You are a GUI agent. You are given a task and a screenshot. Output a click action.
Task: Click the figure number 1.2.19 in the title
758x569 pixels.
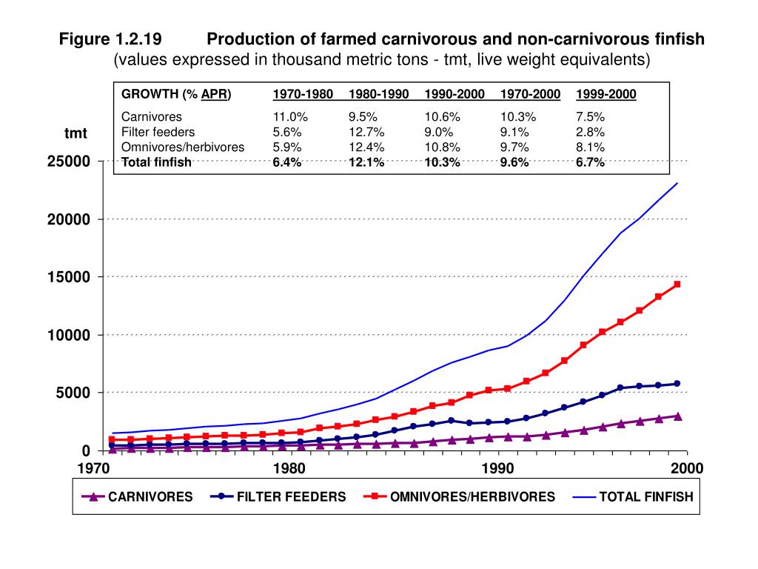(138, 39)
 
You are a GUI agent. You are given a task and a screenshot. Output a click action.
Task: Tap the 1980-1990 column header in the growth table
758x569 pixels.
(378, 94)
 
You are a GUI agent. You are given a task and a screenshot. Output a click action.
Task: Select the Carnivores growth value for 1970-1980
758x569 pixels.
(290, 116)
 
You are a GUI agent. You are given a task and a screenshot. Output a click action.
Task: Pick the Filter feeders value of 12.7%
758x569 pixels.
(366, 132)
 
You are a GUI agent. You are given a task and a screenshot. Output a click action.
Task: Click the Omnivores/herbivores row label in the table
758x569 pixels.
(183, 147)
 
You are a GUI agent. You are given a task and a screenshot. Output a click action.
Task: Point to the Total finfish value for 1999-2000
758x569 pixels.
(590, 162)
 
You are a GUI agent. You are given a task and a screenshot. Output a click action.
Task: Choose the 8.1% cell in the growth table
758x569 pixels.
(590, 147)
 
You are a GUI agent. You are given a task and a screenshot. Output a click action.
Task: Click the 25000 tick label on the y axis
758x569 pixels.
(69, 161)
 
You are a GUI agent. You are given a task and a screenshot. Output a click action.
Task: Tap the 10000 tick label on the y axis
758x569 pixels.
(69, 335)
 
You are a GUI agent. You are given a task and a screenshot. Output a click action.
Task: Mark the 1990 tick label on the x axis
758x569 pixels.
(498, 468)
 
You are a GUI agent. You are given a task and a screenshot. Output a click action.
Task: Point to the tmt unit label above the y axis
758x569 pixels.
(76, 133)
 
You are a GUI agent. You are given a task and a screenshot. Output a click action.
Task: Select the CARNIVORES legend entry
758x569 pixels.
(137, 496)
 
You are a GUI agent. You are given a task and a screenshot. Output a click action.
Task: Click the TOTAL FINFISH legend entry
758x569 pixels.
(634, 496)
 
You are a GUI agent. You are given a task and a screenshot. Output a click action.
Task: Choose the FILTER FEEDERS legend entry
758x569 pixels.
(278, 496)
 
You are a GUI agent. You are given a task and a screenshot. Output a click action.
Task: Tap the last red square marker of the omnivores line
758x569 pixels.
(677, 284)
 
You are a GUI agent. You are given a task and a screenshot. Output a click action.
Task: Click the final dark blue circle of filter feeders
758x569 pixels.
(677, 383)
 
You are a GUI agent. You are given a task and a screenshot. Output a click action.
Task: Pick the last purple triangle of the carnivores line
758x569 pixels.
(678, 416)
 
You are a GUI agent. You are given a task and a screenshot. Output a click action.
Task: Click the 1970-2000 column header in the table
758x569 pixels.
(530, 94)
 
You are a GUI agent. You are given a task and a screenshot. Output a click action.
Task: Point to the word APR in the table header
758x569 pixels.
(214, 94)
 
